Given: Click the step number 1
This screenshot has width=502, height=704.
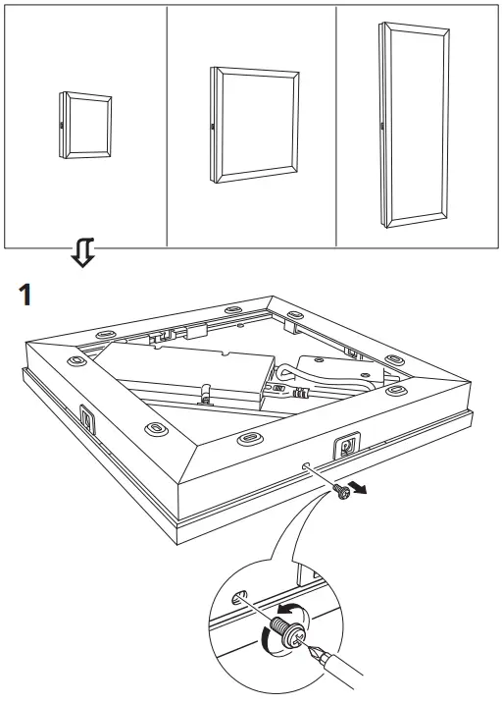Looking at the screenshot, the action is point(25,295).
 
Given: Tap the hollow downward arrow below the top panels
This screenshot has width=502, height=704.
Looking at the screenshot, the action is point(83,252).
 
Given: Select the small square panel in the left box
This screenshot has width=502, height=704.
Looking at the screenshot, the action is point(85,126).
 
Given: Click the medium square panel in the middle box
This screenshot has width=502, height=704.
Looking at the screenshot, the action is point(255,125).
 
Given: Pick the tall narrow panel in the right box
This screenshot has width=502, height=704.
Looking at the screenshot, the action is point(414,125).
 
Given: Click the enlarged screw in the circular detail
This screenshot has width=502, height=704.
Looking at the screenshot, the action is point(289,631).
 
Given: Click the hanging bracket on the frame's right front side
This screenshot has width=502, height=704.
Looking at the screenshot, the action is point(347,445).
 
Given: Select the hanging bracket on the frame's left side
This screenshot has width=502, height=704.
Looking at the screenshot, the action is point(87,418).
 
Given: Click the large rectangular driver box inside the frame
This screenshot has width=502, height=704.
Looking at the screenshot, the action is point(183,371).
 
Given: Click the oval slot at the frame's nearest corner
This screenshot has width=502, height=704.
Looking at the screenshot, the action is point(250,437).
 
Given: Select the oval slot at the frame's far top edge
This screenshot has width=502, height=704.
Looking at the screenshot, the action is point(233,309).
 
